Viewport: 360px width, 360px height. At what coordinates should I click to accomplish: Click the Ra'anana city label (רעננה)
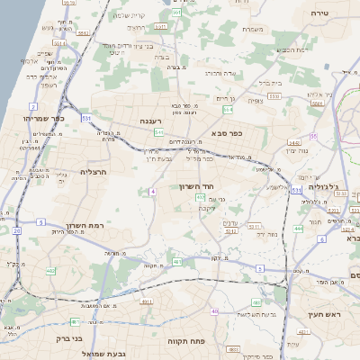[x=151, y=121]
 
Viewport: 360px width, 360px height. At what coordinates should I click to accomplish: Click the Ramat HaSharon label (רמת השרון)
[x=85, y=228]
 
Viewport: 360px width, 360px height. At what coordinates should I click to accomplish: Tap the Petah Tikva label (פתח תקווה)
[x=187, y=343]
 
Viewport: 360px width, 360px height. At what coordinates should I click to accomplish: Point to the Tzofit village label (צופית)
[x=255, y=101]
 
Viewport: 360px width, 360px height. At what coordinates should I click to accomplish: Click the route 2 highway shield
[x=32, y=106]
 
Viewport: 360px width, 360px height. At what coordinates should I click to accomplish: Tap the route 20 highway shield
[x=17, y=230]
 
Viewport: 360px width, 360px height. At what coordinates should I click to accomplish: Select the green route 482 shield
[x=50, y=270]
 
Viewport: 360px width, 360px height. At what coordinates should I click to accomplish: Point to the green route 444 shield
[x=298, y=229]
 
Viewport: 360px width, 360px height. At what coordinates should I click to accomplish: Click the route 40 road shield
[x=214, y=311]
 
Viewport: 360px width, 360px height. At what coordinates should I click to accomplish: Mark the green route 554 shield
[x=229, y=110]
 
